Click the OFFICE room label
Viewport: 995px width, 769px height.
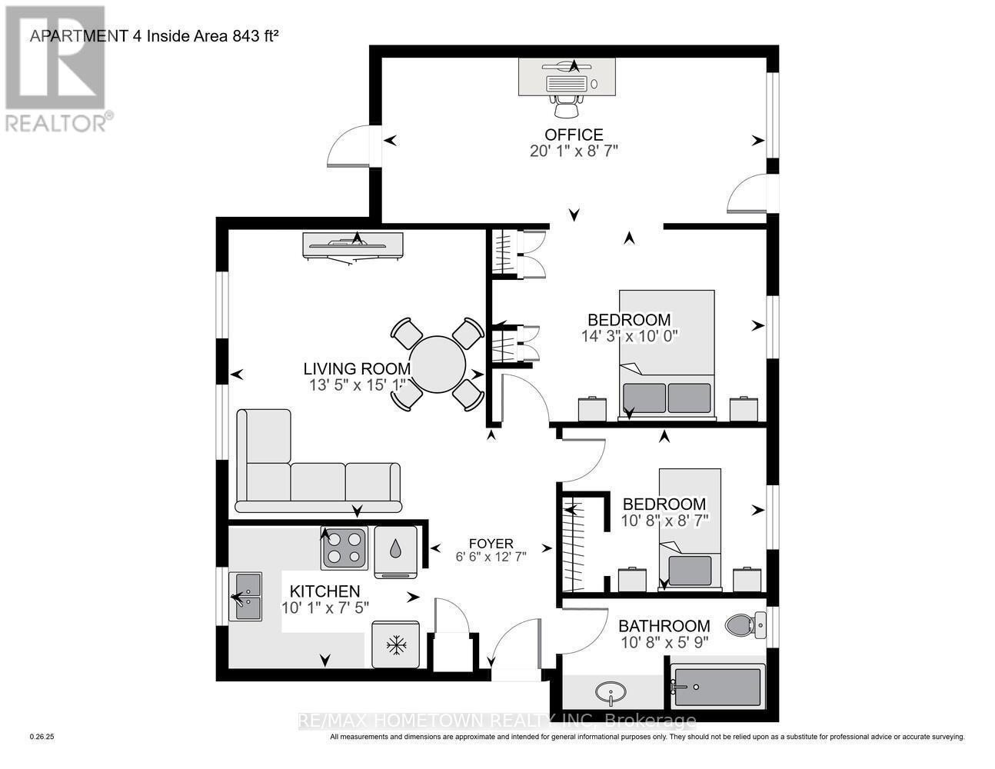tap(574, 135)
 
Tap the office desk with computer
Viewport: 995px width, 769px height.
tap(567, 78)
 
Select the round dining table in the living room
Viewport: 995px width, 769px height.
tap(437, 364)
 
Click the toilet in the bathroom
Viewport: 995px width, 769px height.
tap(744, 624)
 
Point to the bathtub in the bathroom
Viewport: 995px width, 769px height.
tap(717, 687)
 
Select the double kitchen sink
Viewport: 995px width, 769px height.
tap(248, 597)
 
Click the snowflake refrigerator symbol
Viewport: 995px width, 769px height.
tap(397, 644)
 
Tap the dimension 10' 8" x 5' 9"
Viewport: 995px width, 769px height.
tap(664, 641)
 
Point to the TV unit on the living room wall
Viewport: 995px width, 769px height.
tap(353, 245)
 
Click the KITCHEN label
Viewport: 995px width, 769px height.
tap(324, 591)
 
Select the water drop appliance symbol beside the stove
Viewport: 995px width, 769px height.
tap(395, 548)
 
